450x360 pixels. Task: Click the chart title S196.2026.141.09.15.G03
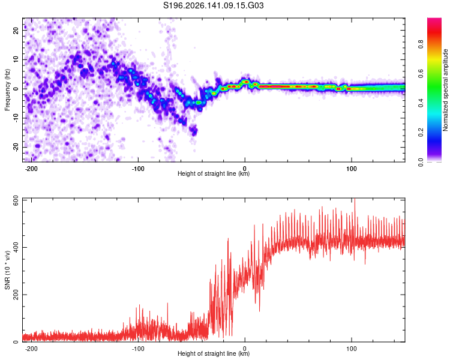click(x=213, y=5)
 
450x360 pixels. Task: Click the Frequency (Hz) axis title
click(x=7, y=89)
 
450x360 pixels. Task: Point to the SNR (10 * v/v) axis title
click(x=7, y=270)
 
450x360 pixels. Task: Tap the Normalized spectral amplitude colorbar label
click(x=445, y=90)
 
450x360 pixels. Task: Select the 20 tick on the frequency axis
click(x=16, y=30)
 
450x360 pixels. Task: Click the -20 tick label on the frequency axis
click(x=16, y=147)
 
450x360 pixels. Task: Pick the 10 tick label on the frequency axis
click(x=16, y=59)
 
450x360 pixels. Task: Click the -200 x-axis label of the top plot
click(x=31, y=169)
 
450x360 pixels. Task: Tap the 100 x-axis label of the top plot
click(x=351, y=169)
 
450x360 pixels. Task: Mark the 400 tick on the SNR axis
click(x=16, y=247)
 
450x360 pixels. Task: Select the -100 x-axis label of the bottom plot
click(x=138, y=349)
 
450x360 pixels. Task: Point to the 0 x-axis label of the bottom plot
click(x=245, y=349)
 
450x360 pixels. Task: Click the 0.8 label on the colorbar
click(x=421, y=44)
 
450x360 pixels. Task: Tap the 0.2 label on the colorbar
click(x=421, y=133)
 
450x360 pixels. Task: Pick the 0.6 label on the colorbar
click(x=421, y=73)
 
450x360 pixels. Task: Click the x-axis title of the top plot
click(x=214, y=173)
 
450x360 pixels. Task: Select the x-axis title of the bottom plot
click(x=214, y=353)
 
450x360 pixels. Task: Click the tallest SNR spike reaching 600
click(x=355, y=199)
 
